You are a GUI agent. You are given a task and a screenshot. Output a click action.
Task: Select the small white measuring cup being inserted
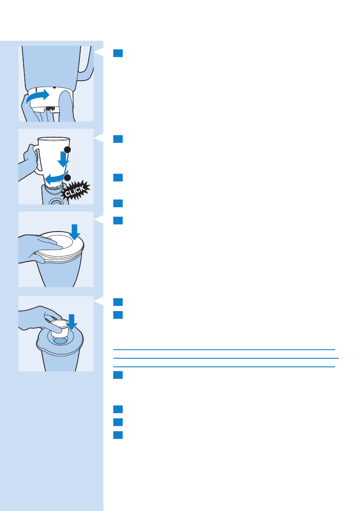tap(58, 327)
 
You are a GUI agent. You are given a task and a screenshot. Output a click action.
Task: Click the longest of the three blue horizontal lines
tap(226, 358)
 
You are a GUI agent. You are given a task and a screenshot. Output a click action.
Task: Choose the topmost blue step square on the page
tap(118, 53)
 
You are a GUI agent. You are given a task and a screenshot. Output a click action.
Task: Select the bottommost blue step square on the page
tap(118, 435)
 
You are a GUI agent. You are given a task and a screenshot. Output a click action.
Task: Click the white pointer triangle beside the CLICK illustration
tap(99, 138)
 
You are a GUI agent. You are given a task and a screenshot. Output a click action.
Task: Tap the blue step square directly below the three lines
tap(118, 375)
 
